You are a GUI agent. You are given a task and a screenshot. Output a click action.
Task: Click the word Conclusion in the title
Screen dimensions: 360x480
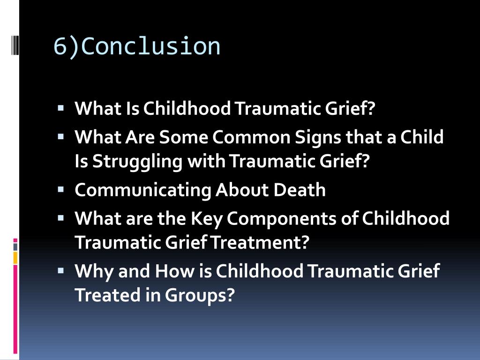pos(153,46)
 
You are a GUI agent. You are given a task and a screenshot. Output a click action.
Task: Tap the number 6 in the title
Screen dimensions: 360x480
pos(60,46)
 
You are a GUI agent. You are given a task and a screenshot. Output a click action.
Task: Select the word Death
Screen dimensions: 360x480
pos(300,190)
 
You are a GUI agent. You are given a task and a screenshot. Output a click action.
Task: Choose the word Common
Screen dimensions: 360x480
pos(251,137)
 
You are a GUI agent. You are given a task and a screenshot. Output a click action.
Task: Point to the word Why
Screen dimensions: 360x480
pos(94,271)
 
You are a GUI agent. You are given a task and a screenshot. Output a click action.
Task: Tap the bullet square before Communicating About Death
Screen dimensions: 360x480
pos(61,190)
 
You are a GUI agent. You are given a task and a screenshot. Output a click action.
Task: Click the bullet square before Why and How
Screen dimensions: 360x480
pos(61,270)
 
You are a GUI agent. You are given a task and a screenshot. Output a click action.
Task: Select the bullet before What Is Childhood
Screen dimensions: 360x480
pos(61,108)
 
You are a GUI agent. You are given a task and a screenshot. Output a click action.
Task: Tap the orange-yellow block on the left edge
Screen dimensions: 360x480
pos(15,257)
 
